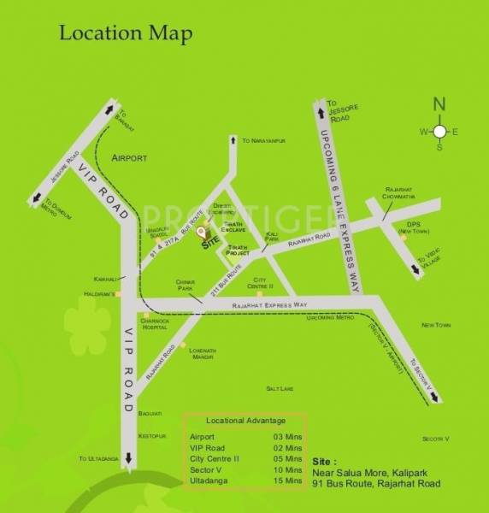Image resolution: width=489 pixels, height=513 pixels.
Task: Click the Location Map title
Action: coord(126,34)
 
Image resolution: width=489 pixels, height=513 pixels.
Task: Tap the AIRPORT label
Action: coord(129,158)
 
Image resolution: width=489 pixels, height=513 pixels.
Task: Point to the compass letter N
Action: coord(439,104)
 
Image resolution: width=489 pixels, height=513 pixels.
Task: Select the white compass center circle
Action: coord(439,132)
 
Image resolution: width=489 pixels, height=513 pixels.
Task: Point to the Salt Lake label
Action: coord(280,388)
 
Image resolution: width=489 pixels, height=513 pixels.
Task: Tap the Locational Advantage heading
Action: coord(246,421)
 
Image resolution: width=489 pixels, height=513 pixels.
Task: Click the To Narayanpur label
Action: coord(263,140)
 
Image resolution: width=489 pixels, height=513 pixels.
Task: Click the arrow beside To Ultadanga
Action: coord(128,458)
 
